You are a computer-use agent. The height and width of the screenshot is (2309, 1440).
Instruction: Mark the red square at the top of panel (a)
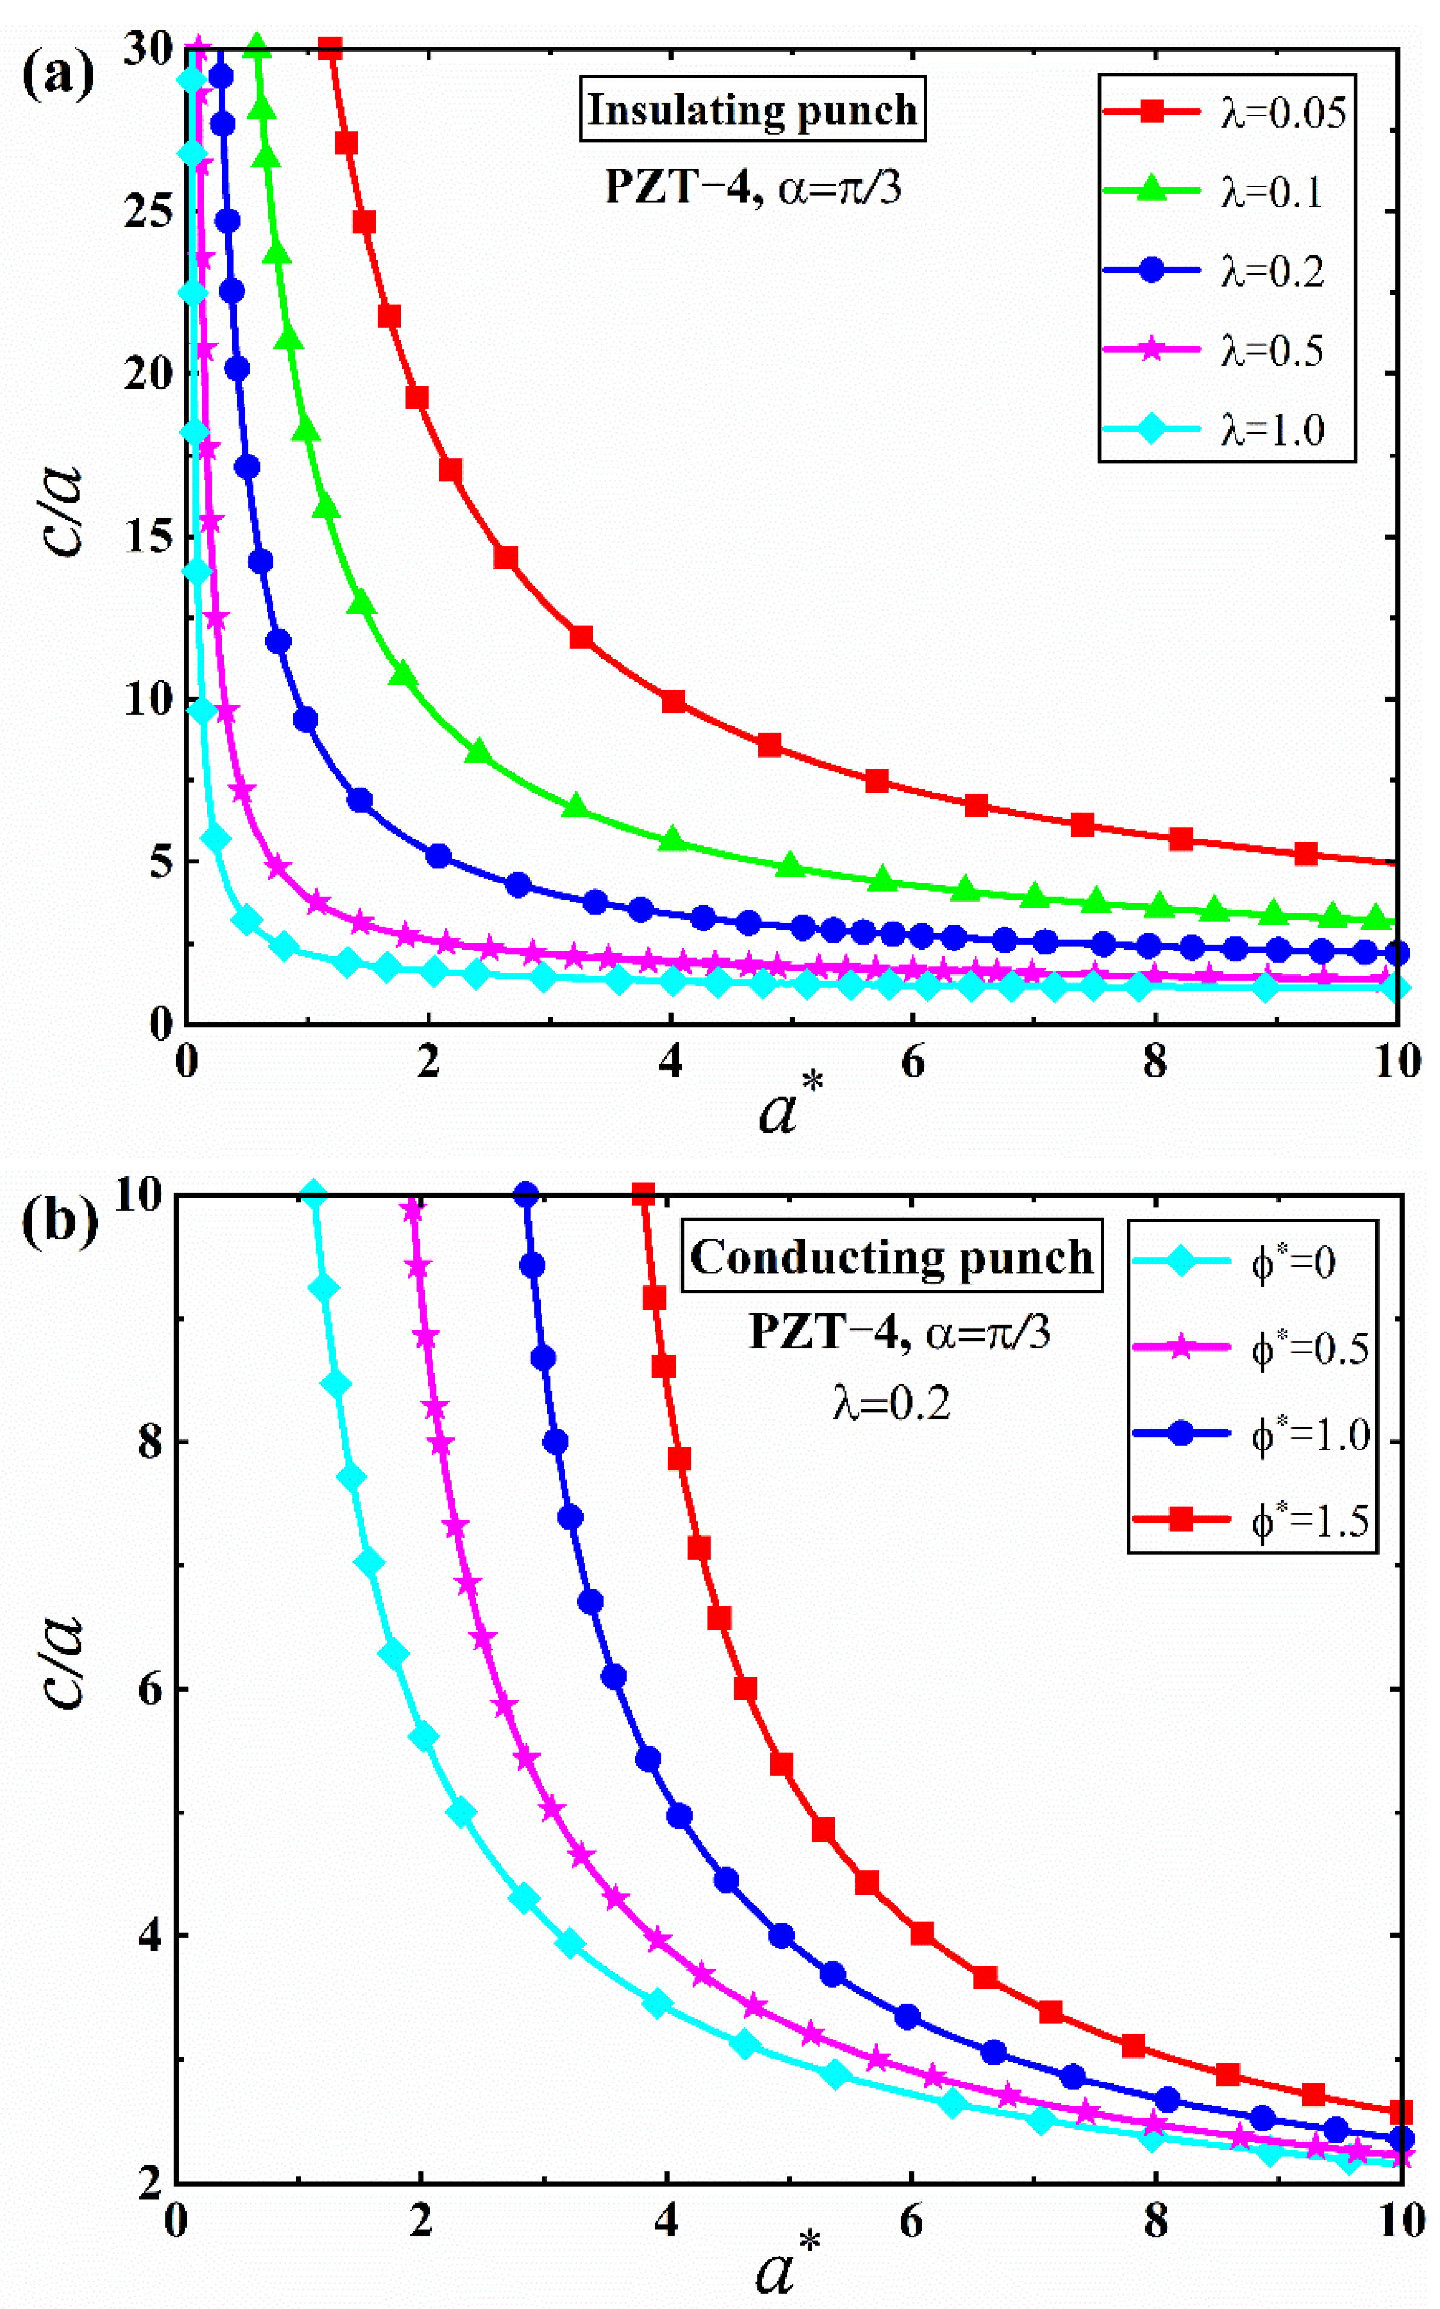coord(330,49)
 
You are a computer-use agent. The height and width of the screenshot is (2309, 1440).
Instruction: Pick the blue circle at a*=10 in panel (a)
coord(1396,953)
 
